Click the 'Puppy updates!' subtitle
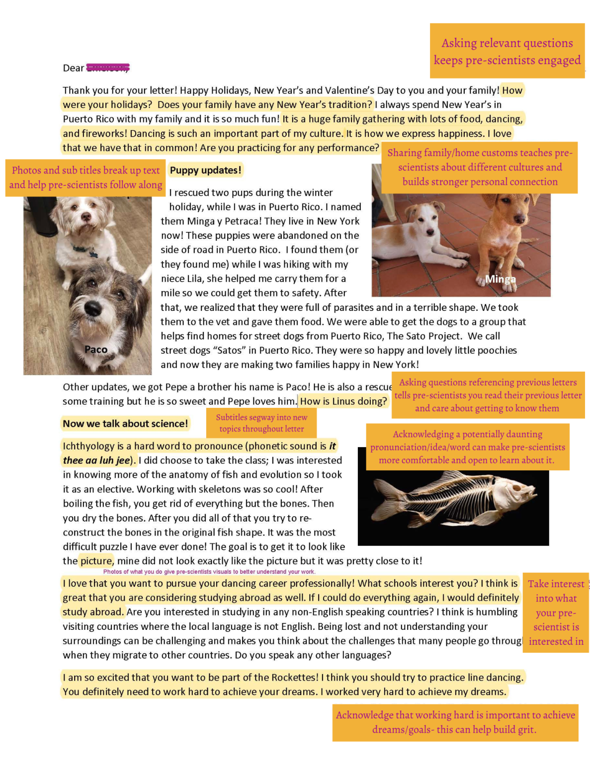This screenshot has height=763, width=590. (205, 170)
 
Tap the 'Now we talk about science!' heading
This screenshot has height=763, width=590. (125, 424)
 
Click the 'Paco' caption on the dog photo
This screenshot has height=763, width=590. (96, 349)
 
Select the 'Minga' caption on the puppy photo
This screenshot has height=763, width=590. (500, 279)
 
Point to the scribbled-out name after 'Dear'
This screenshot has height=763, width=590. (108, 68)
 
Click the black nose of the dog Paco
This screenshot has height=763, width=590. (92, 307)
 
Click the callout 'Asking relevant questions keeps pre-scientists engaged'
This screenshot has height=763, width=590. (507, 51)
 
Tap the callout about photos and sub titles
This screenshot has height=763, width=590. (85, 177)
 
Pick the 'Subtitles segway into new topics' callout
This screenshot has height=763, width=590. (261, 423)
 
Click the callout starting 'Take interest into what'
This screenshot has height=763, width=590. (556, 612)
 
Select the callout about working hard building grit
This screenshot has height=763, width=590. (455, 722)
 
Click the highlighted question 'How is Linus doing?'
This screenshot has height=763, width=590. (343, 401)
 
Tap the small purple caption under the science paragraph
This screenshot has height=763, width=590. (209, 572)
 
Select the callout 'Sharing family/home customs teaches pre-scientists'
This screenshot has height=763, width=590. (480, 167)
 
